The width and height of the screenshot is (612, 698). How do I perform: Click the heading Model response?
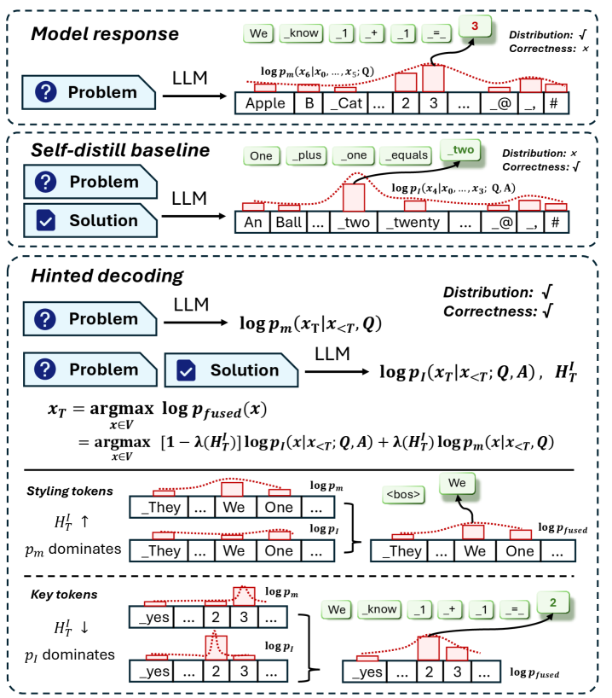105,34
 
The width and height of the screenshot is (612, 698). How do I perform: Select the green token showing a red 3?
475,26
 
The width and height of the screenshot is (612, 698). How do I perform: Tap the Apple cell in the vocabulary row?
265,103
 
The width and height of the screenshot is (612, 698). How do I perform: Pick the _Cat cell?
345,103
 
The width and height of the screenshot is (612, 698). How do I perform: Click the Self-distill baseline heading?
120,150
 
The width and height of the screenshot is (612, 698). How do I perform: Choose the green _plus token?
307,155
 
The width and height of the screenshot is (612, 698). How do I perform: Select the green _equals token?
406,155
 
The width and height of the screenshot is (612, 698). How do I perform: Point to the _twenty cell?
413,222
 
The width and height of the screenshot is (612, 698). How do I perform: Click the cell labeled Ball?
289,222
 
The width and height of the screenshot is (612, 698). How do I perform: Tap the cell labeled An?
252,222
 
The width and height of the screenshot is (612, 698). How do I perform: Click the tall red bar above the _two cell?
354,198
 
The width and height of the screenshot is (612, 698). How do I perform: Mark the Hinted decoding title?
107,276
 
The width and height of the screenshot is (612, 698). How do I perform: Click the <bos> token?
403,495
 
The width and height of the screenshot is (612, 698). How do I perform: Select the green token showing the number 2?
553,602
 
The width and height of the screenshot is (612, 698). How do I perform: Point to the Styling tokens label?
70,491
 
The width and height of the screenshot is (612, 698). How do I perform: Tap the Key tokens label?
64,595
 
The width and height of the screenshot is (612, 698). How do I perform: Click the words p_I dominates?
70,654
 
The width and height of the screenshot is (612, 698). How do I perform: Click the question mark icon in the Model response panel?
45,91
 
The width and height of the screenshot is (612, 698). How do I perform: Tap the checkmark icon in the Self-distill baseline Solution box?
46,220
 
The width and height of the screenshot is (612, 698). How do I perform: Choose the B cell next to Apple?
309,103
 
